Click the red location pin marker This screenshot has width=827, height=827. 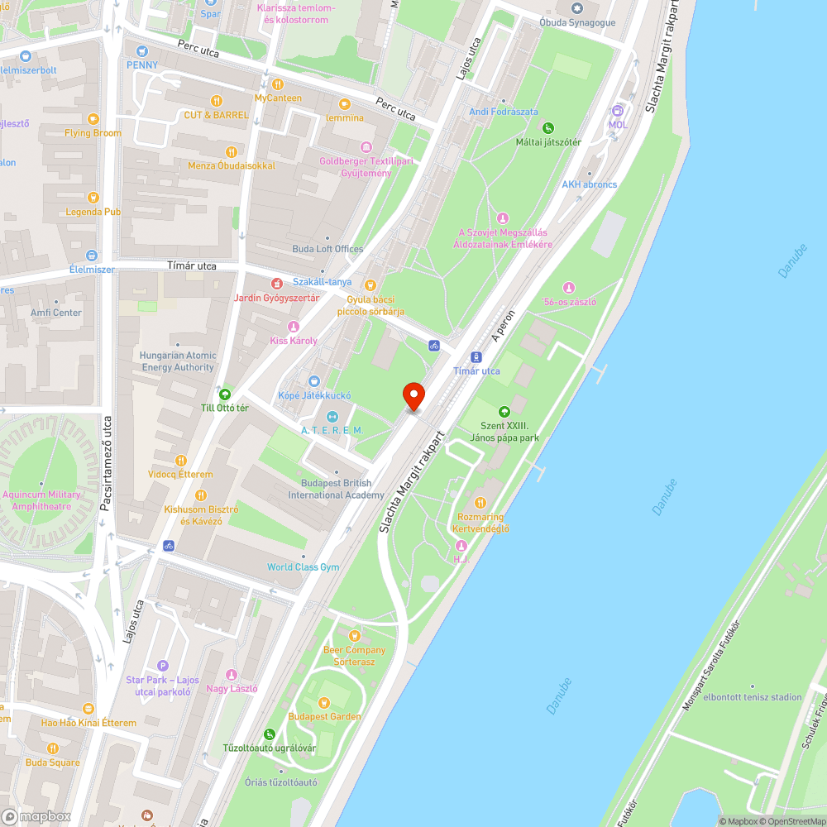point(413,397)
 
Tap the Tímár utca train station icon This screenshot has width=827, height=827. point(476,357)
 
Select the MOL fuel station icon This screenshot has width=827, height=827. point(617,112)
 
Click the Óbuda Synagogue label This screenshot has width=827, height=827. point(577,22)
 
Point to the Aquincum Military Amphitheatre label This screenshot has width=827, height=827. point(41,500)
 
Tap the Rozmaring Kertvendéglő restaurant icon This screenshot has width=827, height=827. point(480,502)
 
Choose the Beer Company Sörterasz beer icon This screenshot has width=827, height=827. point(355,636)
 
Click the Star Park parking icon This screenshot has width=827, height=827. point(163,666)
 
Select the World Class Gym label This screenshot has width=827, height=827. point(304,567)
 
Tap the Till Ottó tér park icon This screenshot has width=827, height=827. point(224,394)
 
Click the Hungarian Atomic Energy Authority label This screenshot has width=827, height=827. point(178,361)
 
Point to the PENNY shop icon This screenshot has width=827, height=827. point(141,51)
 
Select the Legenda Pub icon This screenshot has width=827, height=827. point(93,197)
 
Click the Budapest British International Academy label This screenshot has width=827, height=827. point(336,489)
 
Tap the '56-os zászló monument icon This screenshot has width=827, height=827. point(568,287)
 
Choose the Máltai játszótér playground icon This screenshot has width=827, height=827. point(547,127)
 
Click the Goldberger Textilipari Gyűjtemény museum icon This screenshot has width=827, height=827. point(356,146)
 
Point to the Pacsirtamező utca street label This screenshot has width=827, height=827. point(107,463)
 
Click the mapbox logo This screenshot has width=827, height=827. point(37,816)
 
